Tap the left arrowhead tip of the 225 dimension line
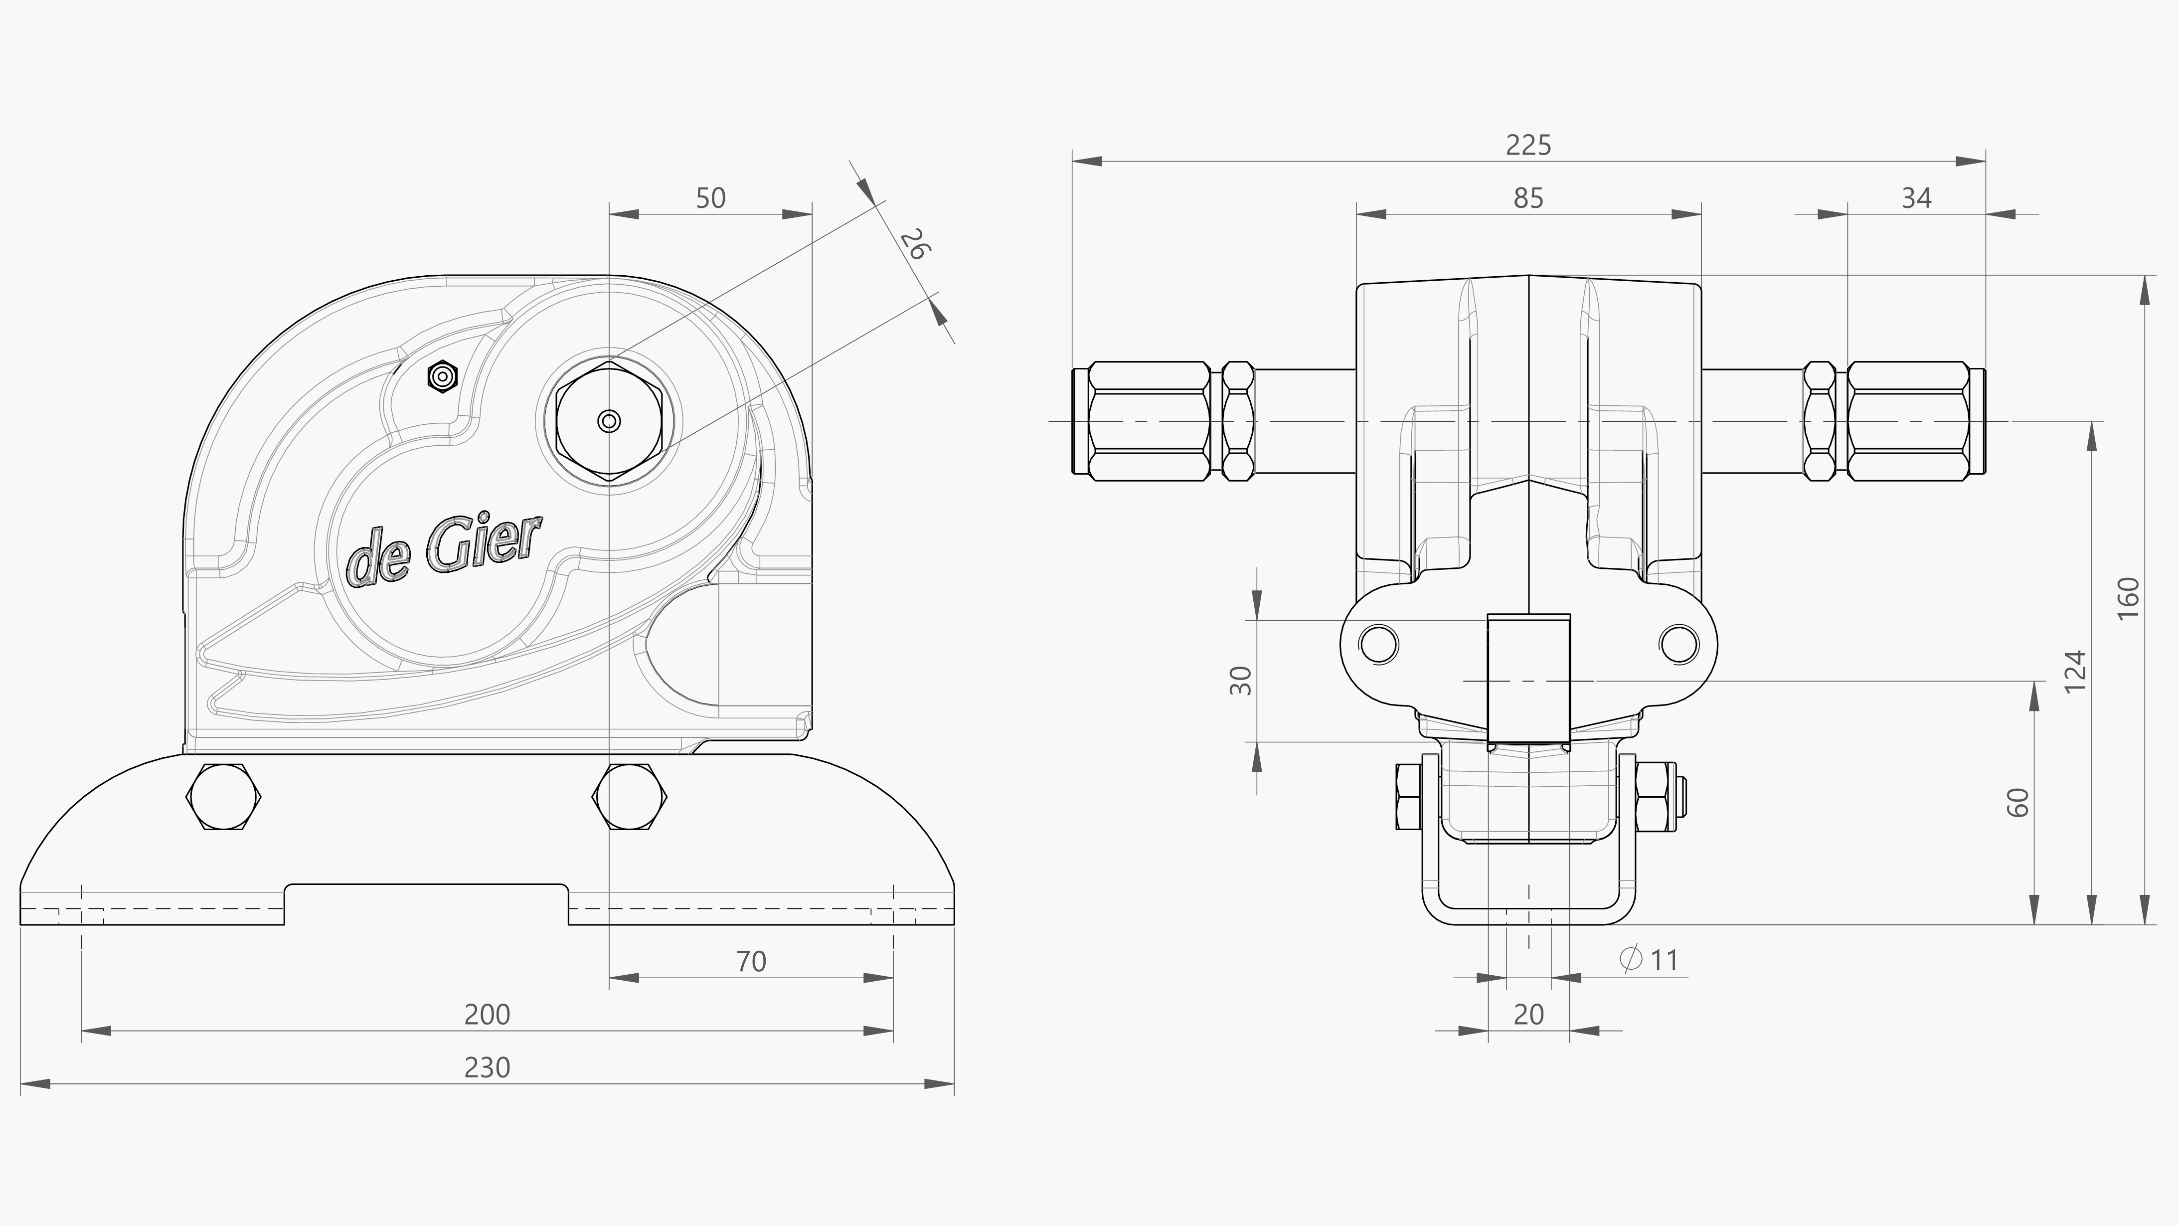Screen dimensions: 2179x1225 pos(1073,161)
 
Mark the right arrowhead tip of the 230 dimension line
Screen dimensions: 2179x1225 pos(954,1084)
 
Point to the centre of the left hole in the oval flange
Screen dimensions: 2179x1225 pos(1380,644)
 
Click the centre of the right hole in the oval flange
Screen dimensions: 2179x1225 pos(1679,644)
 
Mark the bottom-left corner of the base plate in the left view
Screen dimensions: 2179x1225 pos(20,925)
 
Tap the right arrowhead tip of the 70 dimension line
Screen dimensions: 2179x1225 pos(893,978)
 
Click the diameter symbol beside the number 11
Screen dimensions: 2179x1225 pos(1631,959)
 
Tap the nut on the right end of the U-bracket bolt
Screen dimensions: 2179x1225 pos(1656,796)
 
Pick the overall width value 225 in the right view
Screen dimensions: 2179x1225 pos(1528,146)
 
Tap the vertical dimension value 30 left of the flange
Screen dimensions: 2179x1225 pos(1240,680)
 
